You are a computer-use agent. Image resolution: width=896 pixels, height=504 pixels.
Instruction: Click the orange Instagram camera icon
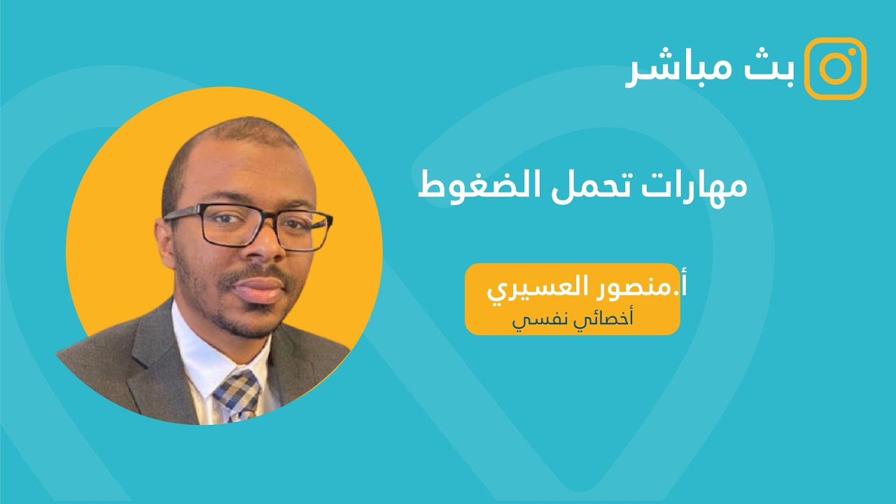[835, 68]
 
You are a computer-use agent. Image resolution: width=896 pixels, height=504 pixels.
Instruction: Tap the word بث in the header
[776, 69]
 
